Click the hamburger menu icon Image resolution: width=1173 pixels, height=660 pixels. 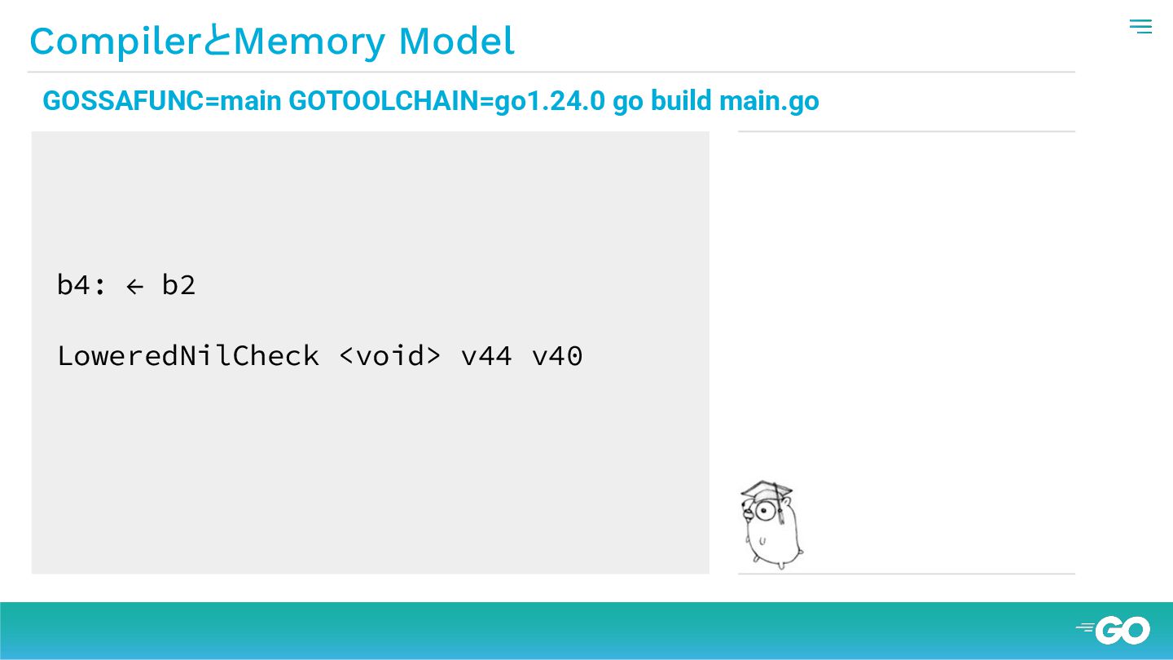pyautogui.click(x=1140, y=27)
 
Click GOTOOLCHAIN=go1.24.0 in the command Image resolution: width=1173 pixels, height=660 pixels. pyautogui.click(x=446, y=101)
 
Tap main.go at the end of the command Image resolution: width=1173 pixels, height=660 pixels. pyautogui.click(x=769, y=101)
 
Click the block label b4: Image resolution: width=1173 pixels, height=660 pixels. pyautogui.click(x=81, y=285)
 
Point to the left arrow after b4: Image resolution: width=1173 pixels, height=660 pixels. pyautogui.click(x=134, y=286)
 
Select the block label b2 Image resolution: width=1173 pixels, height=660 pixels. pyautogui.click(x=178, y=285)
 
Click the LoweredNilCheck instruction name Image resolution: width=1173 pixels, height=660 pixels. pyautogui.click(x=187, y=356)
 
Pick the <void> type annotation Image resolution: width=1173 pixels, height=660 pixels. pyautogui.click(x=389, y=356)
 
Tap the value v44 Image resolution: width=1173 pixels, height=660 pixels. pyautogui.click(x=486, y=356)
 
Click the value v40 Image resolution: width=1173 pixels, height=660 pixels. pyautogui.click(x=557, y=356)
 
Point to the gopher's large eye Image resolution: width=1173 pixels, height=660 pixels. pyautogui.click(x=764, y=512)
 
